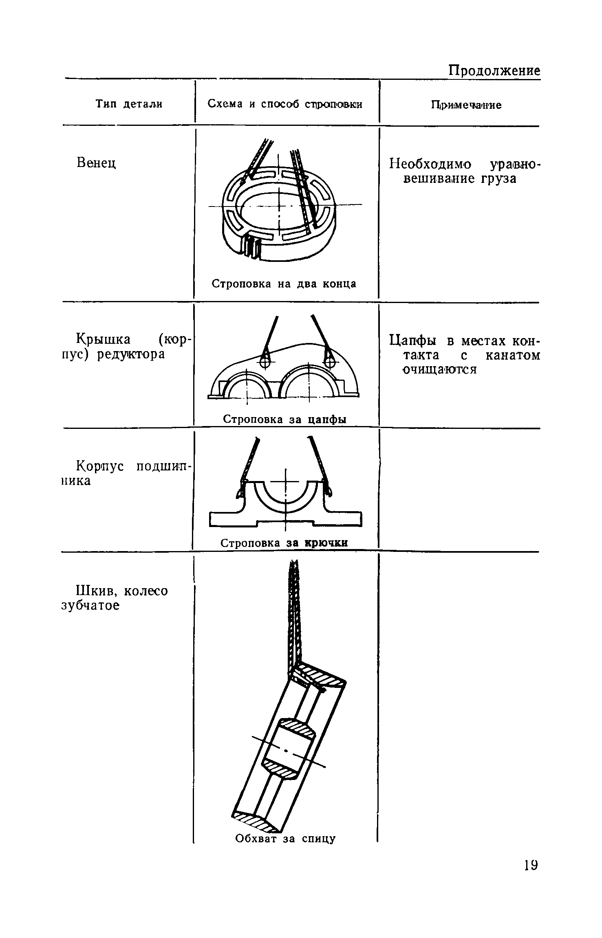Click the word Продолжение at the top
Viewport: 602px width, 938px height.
pos(494,71)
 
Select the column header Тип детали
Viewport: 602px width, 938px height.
pos(129,104)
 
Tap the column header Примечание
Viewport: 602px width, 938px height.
pos(466,105)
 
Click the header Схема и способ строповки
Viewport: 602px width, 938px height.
pos(285,104)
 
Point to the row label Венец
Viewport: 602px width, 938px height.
pos(96,163)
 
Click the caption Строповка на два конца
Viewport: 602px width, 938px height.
pos(284,284)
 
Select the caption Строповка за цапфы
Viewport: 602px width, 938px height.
pos(284,419)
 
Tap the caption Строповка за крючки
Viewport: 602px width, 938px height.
pos(284,543)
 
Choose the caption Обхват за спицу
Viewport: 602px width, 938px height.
pos(285,839)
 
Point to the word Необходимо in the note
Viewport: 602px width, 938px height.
pos(430,165)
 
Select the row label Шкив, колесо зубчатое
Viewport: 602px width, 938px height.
pos(114,598)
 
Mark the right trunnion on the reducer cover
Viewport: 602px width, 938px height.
pos(327,361)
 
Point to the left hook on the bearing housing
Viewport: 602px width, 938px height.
pos(240,492)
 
